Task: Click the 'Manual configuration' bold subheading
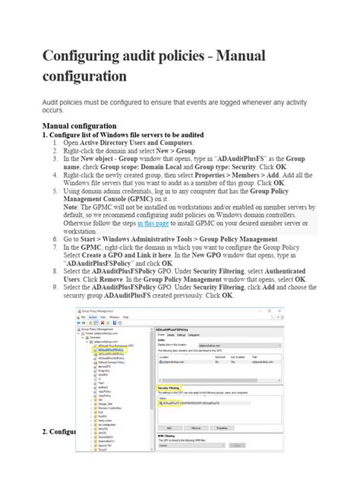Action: coord(80,125)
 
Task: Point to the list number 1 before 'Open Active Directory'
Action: coord(55,142)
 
